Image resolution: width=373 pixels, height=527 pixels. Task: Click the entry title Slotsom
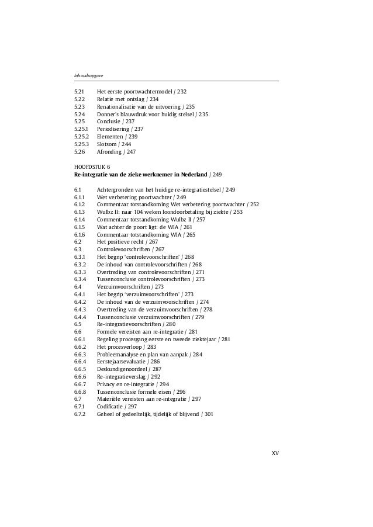tap(108, 144)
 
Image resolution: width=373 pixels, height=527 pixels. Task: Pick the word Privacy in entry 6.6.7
tap(106, 384)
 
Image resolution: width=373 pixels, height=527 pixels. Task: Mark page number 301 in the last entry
tap(209, 414)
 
